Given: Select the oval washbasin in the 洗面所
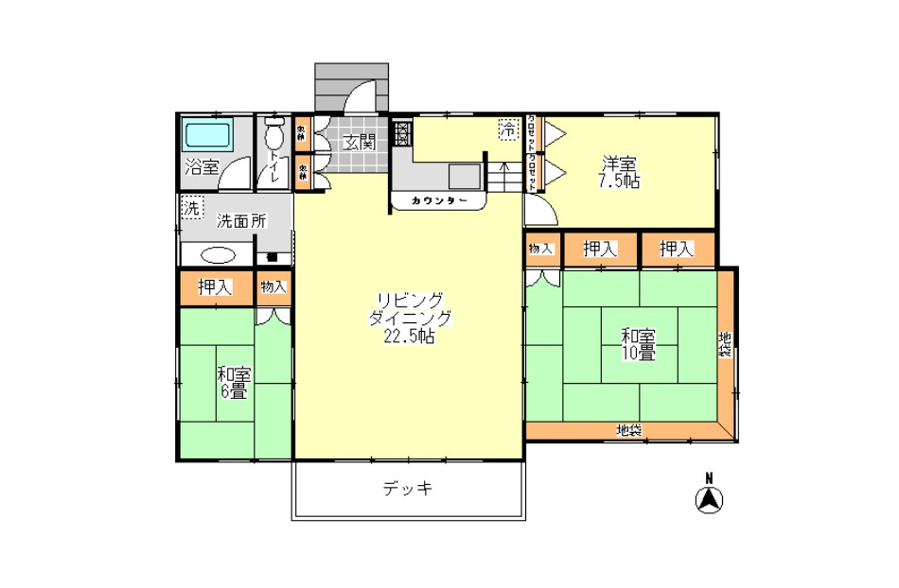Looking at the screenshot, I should [x=217, y=255].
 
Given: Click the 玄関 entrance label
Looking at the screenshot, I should [x=360, y=143].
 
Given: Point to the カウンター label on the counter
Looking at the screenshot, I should [x=439, y=201].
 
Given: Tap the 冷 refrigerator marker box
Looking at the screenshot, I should [x=509, y=128].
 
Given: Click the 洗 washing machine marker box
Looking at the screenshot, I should [x=191, y=207].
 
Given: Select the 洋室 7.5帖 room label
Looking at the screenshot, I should [x=618, y=171].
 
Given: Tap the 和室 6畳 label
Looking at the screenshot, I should [x=234, y=381].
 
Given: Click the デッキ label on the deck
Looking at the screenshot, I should [x=408, y=489].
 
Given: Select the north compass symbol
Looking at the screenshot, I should [x=709, y=497].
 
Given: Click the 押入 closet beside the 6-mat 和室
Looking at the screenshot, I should [x=215, y=287].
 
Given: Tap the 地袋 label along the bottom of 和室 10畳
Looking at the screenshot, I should [x=629, y=431].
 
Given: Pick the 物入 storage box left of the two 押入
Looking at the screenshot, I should [x=541, y=249].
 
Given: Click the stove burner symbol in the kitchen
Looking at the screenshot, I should [x=401, y=133].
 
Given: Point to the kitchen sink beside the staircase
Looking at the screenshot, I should [x=464, y=177].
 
